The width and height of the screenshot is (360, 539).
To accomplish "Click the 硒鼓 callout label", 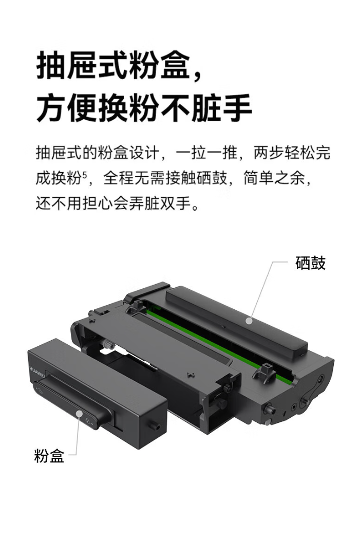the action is [x=310, y=263].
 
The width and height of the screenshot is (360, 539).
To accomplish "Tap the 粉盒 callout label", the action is [x=49, y=456].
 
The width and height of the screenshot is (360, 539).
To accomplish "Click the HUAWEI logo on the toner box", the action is [x=37, y=373].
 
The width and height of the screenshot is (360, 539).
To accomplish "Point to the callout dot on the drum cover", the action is [x=249, y=321].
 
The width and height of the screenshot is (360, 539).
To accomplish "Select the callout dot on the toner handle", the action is [x=80, y=414].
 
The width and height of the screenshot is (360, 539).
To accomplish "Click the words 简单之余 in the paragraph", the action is [x=274, y=178].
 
